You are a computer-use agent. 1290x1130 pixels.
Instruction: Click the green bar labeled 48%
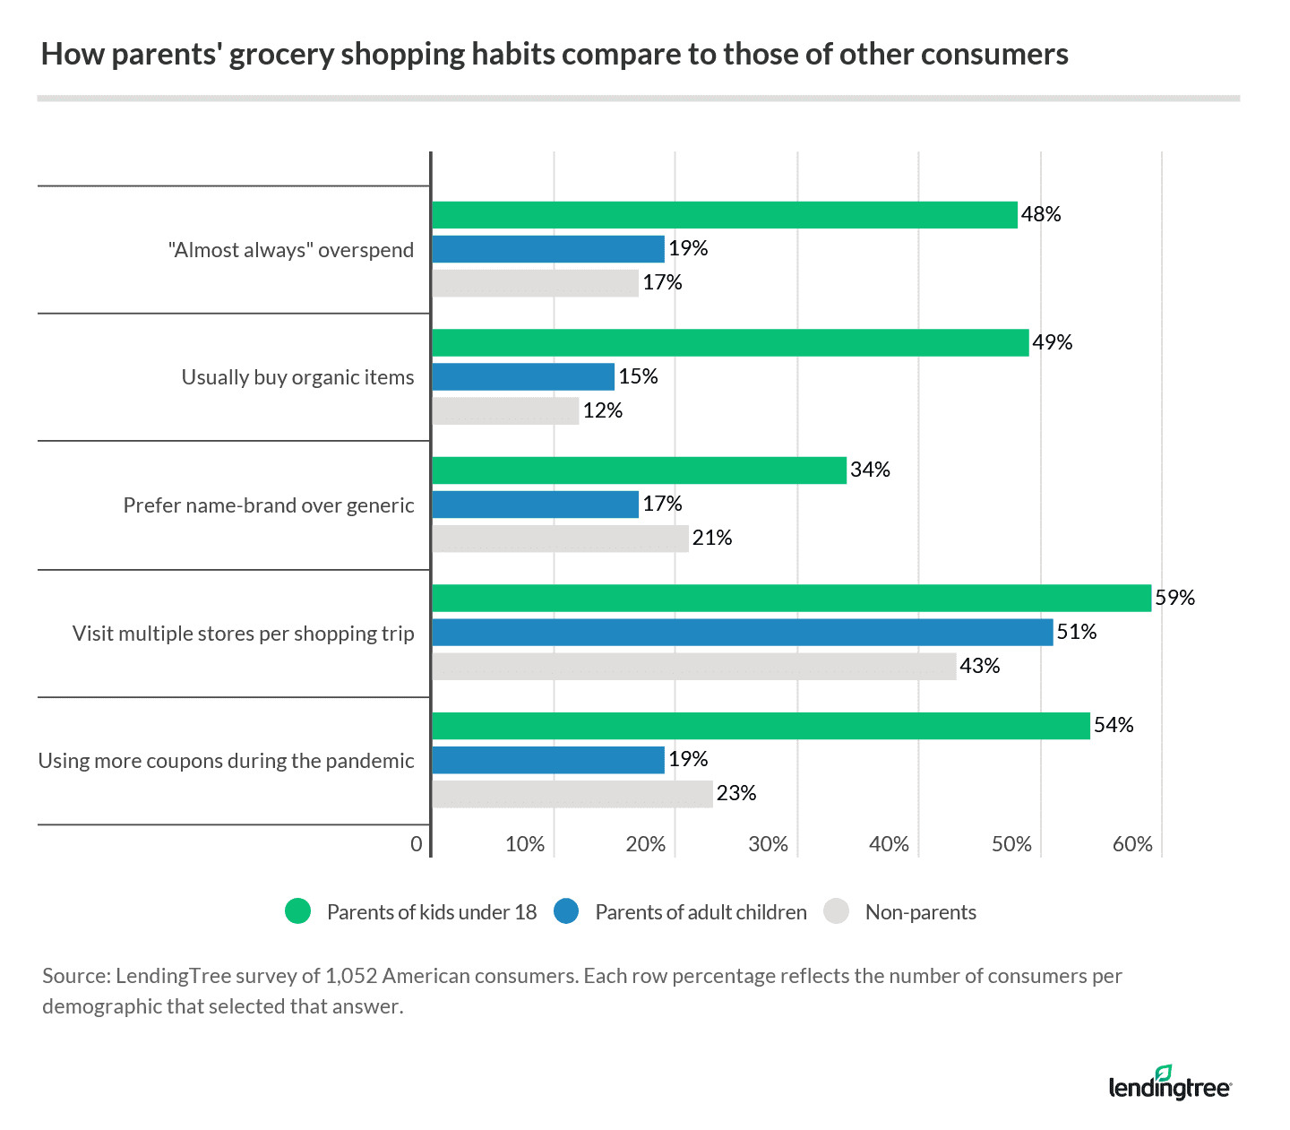click(724, 215)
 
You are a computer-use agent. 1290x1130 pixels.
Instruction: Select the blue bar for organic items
click(523, 376)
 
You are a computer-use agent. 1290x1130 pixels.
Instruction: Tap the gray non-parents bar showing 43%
click(694, 667)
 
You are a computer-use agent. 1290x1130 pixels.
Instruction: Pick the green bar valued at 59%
click(791, 599)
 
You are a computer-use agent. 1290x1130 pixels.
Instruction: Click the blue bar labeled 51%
click(742, 633)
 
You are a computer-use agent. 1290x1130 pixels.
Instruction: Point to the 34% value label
click(870, 470)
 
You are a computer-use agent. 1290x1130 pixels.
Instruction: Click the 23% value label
click(736, 794)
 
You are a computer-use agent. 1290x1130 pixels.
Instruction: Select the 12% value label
click(602, 411)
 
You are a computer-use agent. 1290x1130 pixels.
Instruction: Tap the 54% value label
click(1114, 726)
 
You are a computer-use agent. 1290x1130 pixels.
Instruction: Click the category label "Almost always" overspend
click(291, 250)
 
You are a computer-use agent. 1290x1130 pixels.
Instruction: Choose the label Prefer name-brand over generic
click(269, 505)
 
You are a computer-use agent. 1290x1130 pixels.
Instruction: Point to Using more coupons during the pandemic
click(226, 761)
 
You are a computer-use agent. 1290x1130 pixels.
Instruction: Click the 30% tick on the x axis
click(768, 844)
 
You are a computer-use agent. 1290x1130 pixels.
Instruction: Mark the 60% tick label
click(1132, 844)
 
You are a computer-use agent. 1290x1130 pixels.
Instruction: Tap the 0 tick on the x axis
click(416, 844)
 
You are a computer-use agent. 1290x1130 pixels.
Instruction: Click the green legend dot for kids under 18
click(297, 912)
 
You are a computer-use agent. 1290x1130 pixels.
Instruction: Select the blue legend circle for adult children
click(566, 912)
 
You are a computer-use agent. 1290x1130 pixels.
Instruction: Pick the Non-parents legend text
click(920, 912)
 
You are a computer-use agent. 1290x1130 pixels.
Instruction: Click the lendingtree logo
click(1170, 1084)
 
